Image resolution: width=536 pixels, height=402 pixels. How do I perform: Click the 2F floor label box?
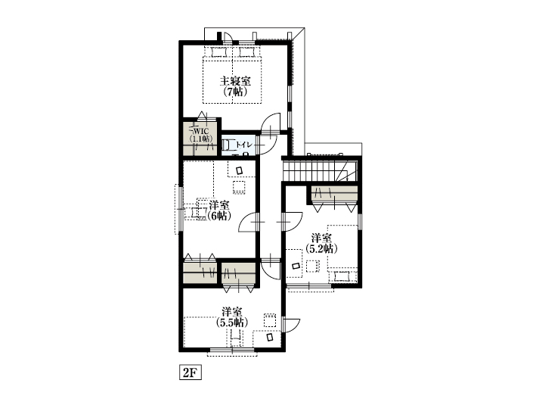pyautogui.click(x=191, y=372)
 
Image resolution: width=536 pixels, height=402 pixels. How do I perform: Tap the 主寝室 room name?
pyautogui.click(x=235, y=81)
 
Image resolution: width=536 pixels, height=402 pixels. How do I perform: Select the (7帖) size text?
pyautogui.click(x=235, y=92)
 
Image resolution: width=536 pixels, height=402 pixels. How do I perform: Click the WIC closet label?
pyautogui.click(x=201, y=132)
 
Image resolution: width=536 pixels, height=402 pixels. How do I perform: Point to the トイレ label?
pyautogui.click(x=244, y=145)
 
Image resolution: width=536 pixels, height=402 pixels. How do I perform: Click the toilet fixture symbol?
pyautogui.click(x=228, y=145)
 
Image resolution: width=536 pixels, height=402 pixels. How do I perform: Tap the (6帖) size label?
pyautogui.click(x=219, y=216)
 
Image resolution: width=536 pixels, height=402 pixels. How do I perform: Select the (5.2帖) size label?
pyautogui.click(x=321, y=248)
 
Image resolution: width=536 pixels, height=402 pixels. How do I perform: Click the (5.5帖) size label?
pyautogui.click(x=232, y=323)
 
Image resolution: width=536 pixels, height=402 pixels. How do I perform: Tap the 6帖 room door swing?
pyautogui.click(x=248, y=222)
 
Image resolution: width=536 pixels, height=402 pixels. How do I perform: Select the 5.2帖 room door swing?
pyautogui.click(x=293, y=222)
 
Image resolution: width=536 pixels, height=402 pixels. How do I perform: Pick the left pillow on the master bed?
pyautogui.click(x=218, y=52)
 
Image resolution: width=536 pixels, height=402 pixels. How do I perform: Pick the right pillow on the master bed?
pyautogui.click(x=247, y=52)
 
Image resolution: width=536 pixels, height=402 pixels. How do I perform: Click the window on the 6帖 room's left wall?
pyautogui.click(x=179, y=209)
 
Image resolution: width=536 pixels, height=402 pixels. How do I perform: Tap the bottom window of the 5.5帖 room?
pyautogui.click(x=232, y=351)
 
